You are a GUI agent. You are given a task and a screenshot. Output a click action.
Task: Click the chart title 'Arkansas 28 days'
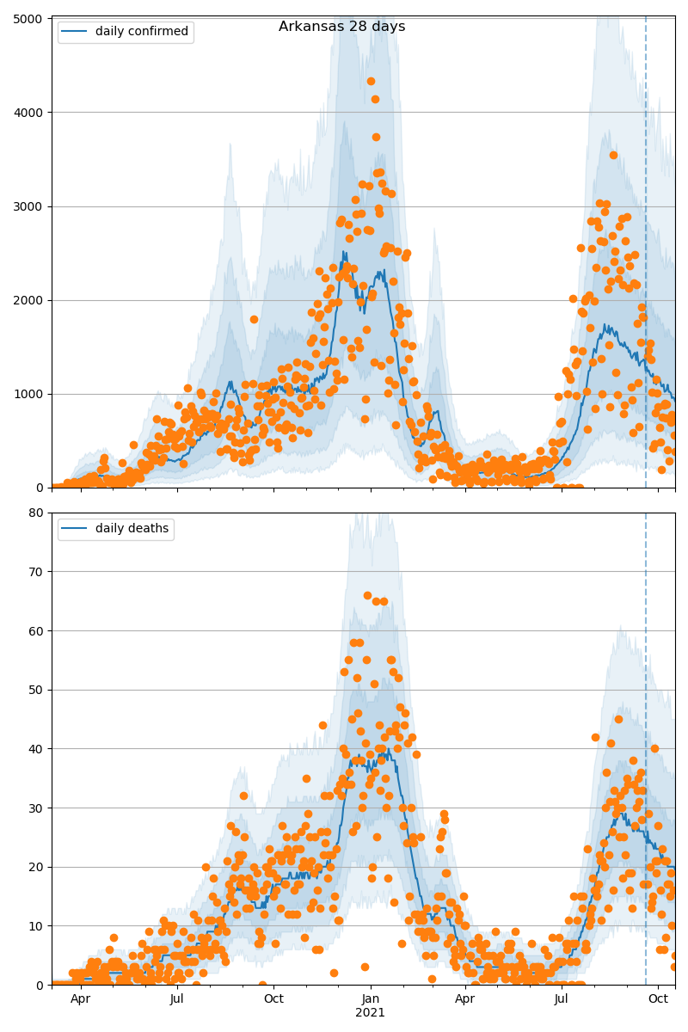[341, 27]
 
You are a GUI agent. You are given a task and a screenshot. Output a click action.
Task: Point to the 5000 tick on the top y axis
[32, 18]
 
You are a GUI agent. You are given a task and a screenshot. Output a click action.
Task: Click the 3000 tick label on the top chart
[32, 206]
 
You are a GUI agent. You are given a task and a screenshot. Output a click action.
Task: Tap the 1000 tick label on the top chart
[32, 394]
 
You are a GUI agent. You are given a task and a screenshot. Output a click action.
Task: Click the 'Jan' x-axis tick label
[371, 999]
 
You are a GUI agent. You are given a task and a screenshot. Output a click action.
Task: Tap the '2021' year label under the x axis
[371, 1012]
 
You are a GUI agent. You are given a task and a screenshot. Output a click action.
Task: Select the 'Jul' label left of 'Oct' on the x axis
[177, 999]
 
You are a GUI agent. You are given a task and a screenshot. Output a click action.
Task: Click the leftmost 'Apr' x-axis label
[80, 999]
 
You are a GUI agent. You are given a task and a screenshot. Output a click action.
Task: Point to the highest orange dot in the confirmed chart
[371, 82]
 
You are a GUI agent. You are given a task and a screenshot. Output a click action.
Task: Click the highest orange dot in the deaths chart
[367, 595]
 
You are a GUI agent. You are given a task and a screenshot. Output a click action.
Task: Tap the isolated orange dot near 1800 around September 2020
[254, 319]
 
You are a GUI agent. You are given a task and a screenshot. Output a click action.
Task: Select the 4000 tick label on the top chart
[32, 112]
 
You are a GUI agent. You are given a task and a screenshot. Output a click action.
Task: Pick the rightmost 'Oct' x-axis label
[659, 999]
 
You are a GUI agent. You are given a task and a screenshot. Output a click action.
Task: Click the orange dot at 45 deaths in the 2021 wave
[618, 719]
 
